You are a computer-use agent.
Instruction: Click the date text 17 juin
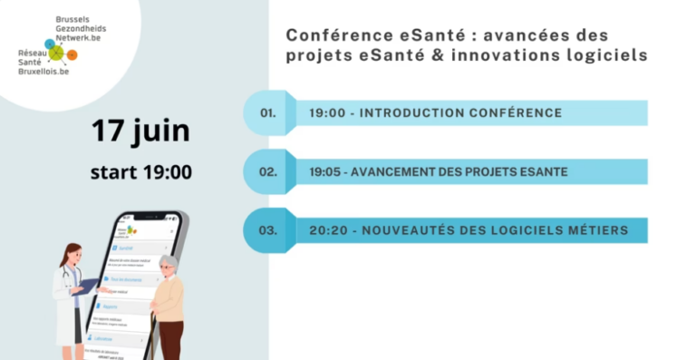coord(140,130)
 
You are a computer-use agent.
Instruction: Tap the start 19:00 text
coord(140,172)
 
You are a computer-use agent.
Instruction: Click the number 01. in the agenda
coord(267,113)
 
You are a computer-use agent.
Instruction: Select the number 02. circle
coord(267,171)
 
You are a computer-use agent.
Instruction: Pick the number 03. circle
coord(267,230)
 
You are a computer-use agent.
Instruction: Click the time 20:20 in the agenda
coord(327,230)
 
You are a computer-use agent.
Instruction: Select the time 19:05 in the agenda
coord(326,171)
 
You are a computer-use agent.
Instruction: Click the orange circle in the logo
coord(72,55)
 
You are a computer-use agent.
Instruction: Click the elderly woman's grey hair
coord(168,263)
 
